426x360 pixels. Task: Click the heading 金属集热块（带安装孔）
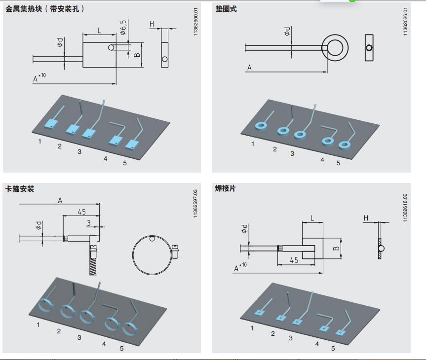(45, 9)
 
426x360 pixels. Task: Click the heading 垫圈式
(226, 9)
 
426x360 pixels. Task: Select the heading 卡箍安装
(20, 189)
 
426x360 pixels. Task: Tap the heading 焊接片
(226, 189)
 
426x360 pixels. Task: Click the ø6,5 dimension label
(123, 28)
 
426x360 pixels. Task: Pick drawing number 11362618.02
(406, 208)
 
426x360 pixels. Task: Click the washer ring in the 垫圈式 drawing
(336, 48)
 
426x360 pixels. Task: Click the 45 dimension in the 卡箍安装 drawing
(81, 212)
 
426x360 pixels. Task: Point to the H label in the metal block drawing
(152, 24)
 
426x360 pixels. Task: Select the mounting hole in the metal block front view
(112, 47)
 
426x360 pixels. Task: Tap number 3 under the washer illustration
(292, 154)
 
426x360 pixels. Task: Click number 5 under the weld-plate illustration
(333, 348)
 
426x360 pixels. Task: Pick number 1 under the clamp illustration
(38, 324)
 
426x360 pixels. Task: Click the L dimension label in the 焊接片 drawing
(312, 218)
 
